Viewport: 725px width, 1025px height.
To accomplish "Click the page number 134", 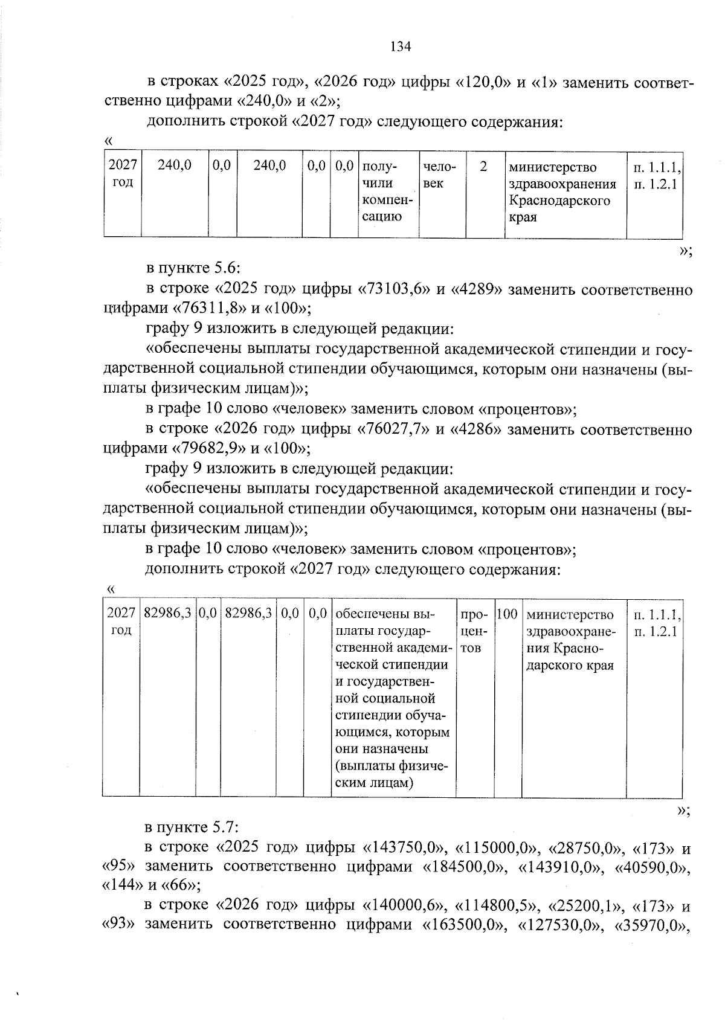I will [x=401, y=47].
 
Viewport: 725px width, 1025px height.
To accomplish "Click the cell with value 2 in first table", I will [x=483, y=166].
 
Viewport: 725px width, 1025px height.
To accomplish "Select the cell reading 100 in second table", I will [x=507, y=614].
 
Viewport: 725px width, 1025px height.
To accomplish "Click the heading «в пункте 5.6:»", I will [x=193, y=268].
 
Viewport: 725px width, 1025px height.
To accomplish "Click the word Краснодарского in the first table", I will [x=559, y=201].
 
